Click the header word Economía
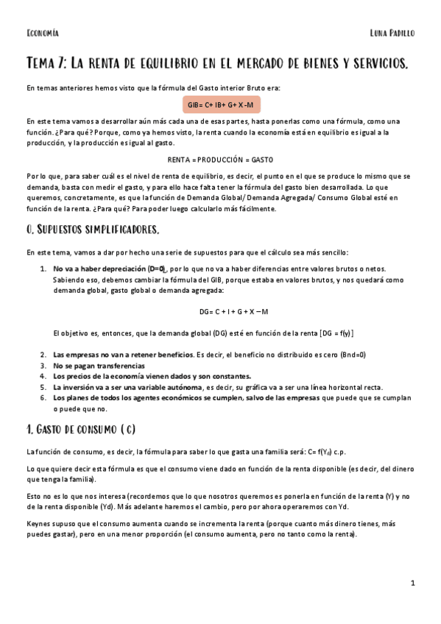pos(42,33)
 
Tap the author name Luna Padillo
pos(393,33)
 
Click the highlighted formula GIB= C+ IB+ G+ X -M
pos(220,104)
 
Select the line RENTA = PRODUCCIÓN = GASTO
pos(220,159)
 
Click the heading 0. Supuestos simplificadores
pos(92,230)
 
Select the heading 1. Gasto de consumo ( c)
pos(81,428)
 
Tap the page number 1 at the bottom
pos(413,583)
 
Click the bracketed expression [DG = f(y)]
pos(336,333)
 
